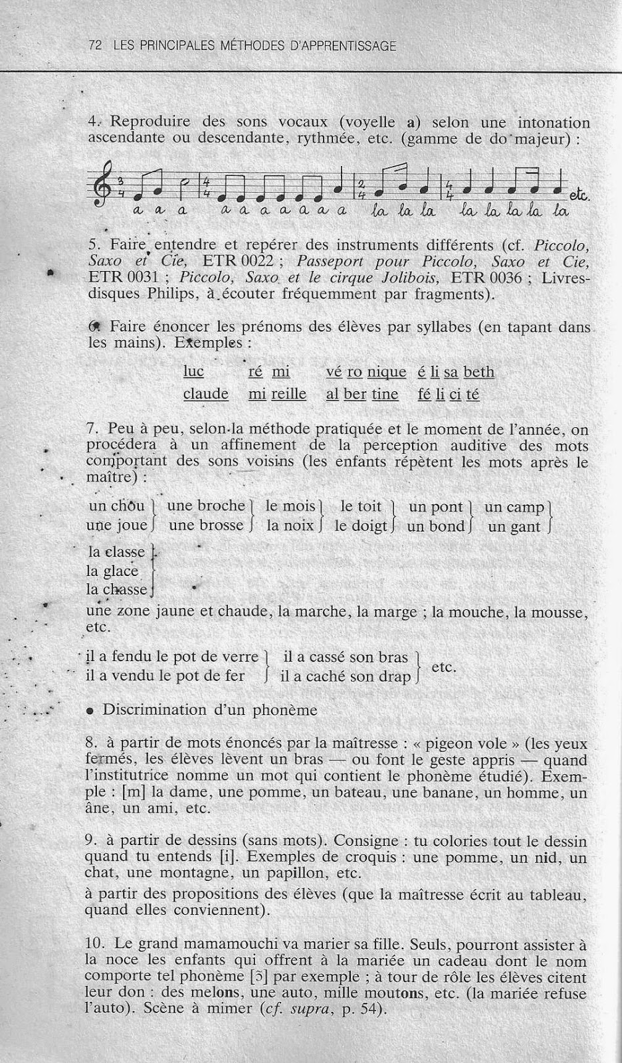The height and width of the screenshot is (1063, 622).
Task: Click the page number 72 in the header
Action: click(94, 46)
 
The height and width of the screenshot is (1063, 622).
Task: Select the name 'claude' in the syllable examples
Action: click(206, 394)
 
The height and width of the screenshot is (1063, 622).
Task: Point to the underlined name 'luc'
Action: click(194, 371)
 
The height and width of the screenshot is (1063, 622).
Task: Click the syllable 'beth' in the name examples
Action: click(479, 372)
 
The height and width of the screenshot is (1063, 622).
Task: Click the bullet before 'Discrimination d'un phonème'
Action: click(90, 711)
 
